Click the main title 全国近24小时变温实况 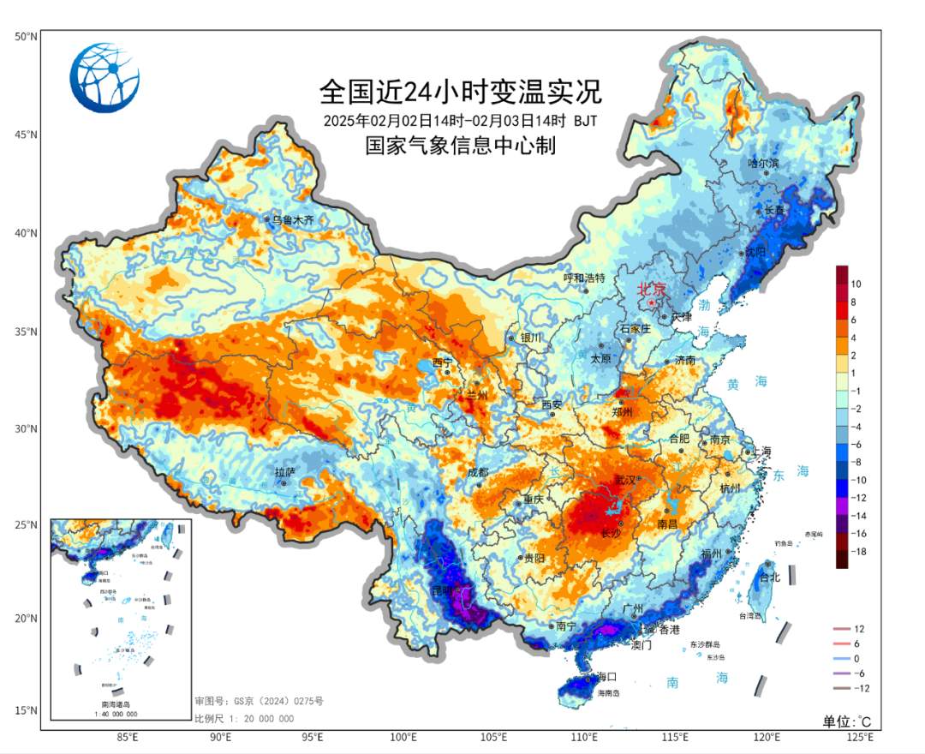click(x=461, y=90)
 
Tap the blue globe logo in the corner click(x=104, y=78)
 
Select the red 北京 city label click(x=651, y=290)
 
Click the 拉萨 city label click(x=284, y=472)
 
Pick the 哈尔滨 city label click(x=763, y=163)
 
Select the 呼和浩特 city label click(x=584, y=278)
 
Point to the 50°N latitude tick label click(x=25, y=36)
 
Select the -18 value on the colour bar click(x=860, y=553)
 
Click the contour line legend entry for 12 click(x=859, y=630)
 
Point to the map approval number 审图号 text click(x=260, y=701)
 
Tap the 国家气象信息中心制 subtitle click(x=461, y=146)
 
